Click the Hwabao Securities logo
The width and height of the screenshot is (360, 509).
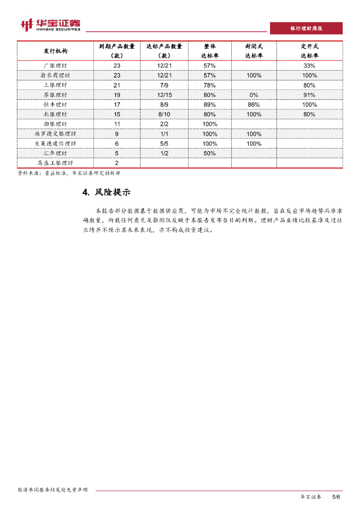tap(50, 25)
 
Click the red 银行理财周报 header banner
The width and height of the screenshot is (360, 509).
tap(306, 28)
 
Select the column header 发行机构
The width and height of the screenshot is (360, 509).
tap(55, 51)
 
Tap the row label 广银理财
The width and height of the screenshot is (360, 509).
tap(55, 66)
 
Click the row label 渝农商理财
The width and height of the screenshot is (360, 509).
tap(55, 75)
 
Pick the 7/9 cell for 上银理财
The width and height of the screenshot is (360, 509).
tap(164, 85)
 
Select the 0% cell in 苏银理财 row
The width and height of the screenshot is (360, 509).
tap(254, 94)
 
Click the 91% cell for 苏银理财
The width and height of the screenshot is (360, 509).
tap(309, 94)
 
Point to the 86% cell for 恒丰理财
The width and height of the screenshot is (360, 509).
tap(254, 104)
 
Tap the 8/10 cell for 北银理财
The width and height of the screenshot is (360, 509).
tap(164, 114)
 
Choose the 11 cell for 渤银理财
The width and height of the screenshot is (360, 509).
tap(117, 124)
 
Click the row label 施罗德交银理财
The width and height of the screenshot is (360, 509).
tap(55, 134)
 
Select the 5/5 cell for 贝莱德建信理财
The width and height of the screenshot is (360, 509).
tap(164, 143)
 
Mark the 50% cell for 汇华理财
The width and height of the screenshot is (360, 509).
tap(209, 153)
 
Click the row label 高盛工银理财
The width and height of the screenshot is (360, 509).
tap(55, 163)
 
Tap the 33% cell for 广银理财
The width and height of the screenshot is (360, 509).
tap(309, 66)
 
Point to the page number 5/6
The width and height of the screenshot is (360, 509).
tap(336, 497)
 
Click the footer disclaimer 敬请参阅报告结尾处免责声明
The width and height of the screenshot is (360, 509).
tap(52, 490)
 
